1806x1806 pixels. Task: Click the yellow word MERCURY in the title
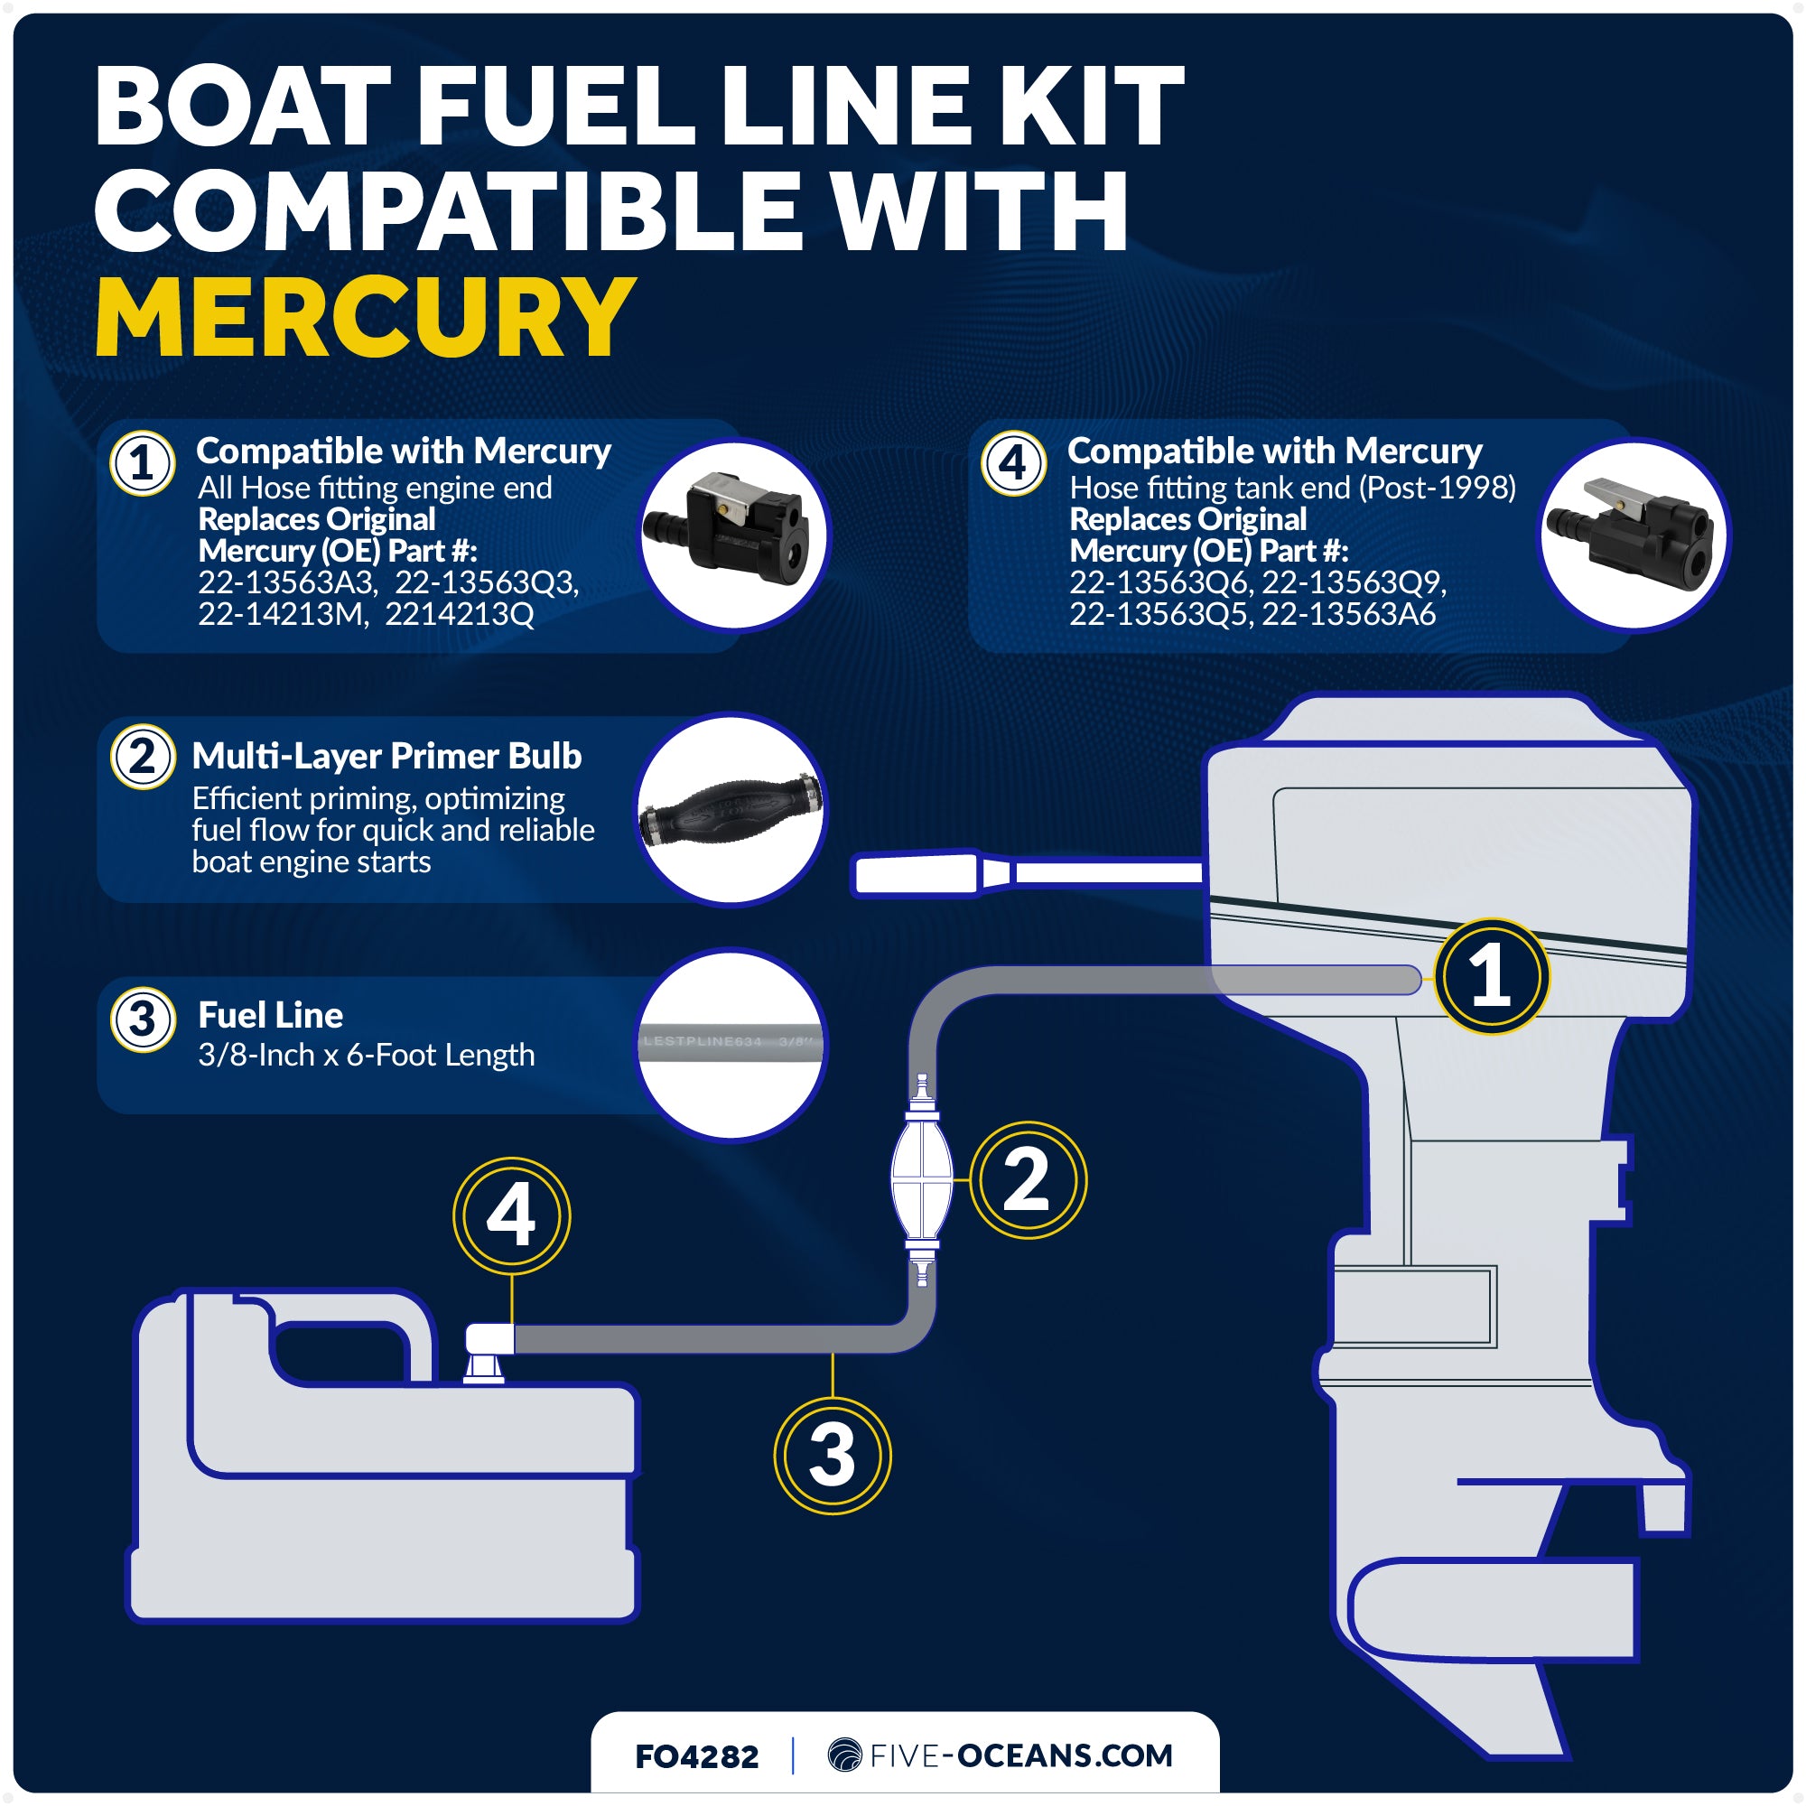point(365,318)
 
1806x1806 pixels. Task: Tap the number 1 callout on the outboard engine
point(1492,976)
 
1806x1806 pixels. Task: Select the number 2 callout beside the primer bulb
point(1028,1179)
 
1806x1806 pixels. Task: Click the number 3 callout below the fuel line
point(832,1455)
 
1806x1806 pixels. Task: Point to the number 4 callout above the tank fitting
point(511,1215)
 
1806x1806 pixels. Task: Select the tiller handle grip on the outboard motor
point(916,875)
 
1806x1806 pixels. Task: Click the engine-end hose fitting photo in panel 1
point(736,535)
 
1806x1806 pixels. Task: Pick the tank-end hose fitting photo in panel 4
point(1634,535)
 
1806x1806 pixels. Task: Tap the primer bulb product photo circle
point(731,809)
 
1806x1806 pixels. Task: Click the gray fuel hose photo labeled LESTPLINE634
point(731,1043)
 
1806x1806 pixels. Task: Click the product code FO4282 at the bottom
point(696,1755)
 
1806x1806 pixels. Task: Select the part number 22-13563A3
point(288,582)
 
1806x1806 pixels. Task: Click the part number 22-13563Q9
point(1354,582)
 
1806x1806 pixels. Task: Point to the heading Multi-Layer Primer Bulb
point(386,755)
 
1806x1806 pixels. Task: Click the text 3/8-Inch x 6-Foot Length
point(367,1055)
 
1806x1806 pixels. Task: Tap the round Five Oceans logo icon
point(845,1755)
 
